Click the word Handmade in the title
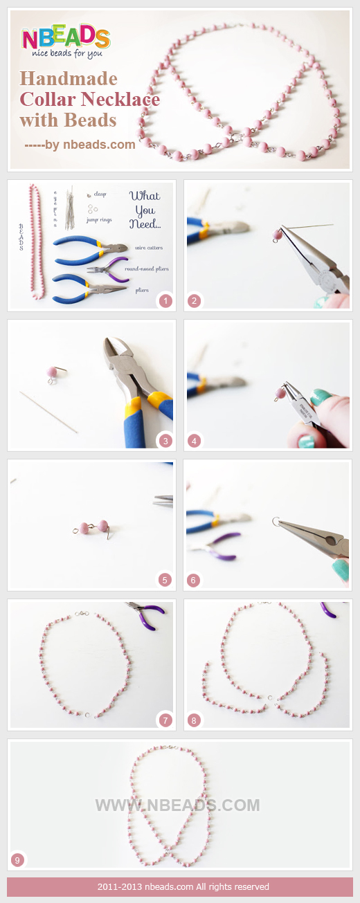69,78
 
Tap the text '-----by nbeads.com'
80,145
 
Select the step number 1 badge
165,300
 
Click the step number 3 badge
165,440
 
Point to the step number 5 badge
165,580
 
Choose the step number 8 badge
194,720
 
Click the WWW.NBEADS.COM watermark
177,805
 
